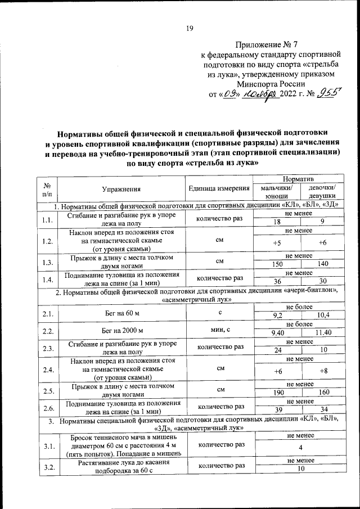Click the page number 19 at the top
tap(190, 30)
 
